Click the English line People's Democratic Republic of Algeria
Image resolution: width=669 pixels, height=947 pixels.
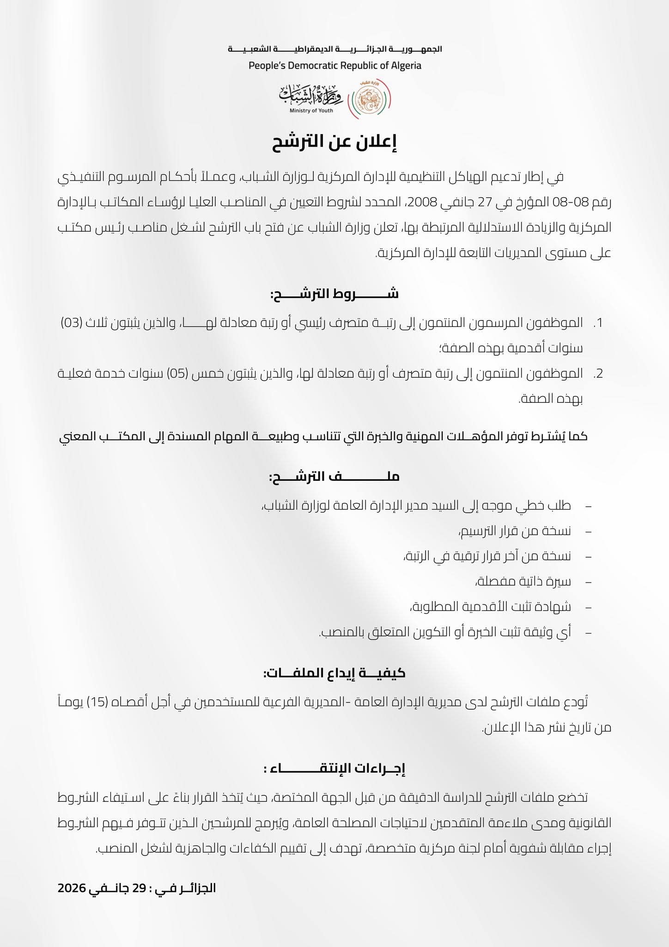(x=334, y=65)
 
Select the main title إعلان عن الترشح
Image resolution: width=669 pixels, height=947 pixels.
(x=334, y=143)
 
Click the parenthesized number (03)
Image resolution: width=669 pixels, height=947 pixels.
(x=72, y=323)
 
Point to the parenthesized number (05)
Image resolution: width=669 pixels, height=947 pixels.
(x=178, y=374)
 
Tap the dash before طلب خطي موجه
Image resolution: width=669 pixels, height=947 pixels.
(x=588, y=506)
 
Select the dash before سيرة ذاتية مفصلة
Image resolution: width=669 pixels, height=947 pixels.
(x=588, y=582)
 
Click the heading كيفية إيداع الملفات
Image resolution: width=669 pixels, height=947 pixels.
(x=334, y=673)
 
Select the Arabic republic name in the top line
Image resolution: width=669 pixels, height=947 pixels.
(x=334, y=49)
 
